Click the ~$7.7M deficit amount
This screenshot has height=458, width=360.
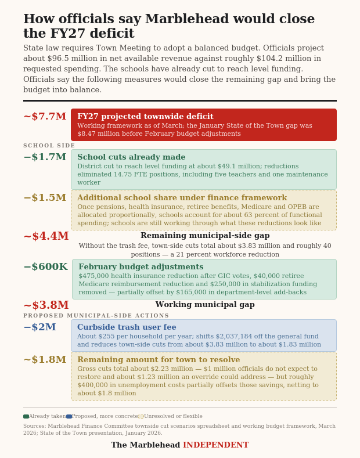coord(45,117)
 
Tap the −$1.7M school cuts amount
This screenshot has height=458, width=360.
coord(45,157)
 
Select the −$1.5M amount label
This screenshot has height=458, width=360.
coord(45,198)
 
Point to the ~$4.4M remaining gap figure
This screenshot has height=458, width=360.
coord(46,236)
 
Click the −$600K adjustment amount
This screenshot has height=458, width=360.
coord(45,267)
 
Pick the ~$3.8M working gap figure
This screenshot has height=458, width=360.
coord(46,305)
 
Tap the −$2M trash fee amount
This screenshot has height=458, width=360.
coord(39,327)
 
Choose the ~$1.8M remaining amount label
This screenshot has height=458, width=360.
coord(45,360)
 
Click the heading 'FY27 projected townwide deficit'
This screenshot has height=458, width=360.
coord(145,117)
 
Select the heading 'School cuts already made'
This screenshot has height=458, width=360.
coord(131,157)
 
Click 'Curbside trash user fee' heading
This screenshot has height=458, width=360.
coord(127,327)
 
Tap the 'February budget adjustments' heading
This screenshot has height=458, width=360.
coord(141,267)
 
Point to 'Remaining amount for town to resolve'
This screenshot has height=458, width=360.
coord(159,360)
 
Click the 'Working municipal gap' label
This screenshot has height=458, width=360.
coord(205,305)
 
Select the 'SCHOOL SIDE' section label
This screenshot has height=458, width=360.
coord(49,146)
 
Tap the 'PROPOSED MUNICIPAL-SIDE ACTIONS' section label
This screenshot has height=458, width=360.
coord(96,316)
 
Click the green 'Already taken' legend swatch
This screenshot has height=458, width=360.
coord(26,416)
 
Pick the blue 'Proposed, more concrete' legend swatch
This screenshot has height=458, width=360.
coord(69,416)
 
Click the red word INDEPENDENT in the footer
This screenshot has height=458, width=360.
coord(215,445)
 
